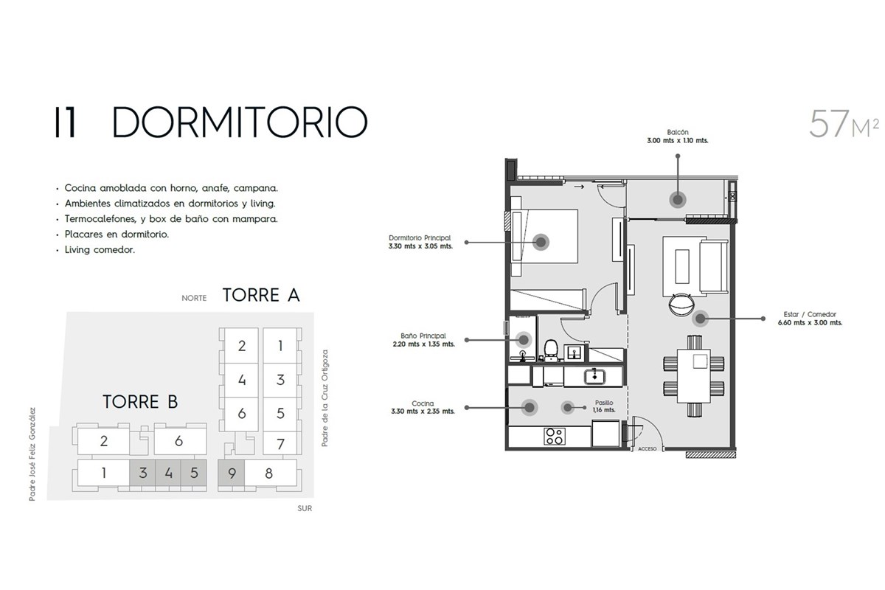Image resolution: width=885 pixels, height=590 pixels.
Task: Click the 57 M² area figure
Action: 844,124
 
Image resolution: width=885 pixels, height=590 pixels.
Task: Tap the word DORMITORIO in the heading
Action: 240,122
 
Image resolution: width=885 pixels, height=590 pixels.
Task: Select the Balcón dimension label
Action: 677,136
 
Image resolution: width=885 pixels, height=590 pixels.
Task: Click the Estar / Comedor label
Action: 810,319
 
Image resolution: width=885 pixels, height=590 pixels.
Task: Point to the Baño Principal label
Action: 423,340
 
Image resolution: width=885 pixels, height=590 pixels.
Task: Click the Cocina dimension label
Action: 423,407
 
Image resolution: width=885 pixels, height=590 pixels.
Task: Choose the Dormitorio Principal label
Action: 420,242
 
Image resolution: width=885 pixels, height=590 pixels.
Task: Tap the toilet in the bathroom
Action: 551,350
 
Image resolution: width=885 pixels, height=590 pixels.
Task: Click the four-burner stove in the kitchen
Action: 555,437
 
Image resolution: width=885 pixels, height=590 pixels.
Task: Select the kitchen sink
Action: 594,376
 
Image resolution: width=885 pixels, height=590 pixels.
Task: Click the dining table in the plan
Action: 694,375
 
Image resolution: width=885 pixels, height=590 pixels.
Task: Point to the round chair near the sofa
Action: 681,304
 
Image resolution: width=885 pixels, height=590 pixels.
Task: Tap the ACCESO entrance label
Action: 648,449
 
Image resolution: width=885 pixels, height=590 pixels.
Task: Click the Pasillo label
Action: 604,406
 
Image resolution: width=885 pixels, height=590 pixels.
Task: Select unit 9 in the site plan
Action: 232,473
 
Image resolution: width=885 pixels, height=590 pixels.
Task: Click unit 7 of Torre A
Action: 280,444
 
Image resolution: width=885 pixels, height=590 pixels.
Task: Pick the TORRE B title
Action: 140,402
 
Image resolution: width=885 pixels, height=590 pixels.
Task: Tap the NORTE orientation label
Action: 194,298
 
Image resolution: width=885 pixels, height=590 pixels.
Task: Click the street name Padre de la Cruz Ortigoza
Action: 324,398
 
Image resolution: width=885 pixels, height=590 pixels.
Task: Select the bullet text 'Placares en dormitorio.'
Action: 117,235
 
